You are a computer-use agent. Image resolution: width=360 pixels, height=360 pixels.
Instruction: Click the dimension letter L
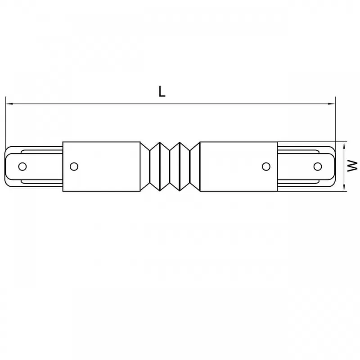coord(162,91)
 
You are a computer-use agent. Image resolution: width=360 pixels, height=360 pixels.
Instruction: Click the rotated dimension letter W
coord(352,166)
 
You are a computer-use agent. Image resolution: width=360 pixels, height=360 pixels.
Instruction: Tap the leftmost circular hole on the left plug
coord(22,166)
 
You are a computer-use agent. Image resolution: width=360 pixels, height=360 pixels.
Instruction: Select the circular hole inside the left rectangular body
coord(74,166)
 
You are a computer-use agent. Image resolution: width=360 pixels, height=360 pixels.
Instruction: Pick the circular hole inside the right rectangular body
coord(266,166)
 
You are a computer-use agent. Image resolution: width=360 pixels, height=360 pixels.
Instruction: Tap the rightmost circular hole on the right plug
coord(318,166)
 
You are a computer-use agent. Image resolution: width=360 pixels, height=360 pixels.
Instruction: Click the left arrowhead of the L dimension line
coord(9,104)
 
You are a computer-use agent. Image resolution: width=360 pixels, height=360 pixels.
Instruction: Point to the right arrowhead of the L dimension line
coord(332,104)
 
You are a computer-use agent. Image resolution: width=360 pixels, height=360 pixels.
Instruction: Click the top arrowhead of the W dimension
coord(344,145)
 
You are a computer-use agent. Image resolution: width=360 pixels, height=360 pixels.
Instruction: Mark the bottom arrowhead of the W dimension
coord(344,188)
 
